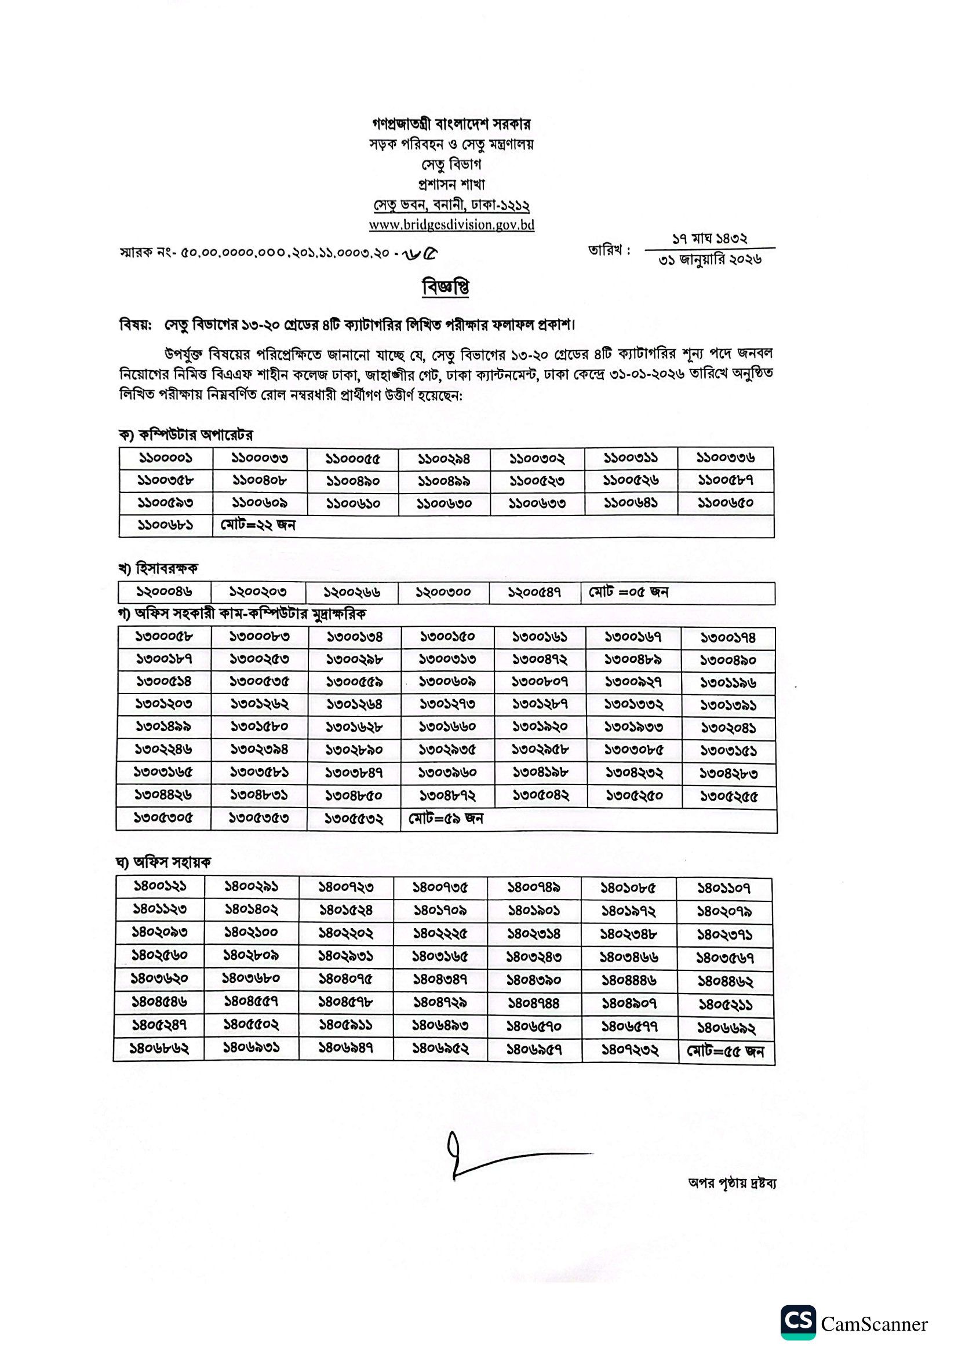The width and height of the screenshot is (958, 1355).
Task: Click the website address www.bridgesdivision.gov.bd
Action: tap(451, 225)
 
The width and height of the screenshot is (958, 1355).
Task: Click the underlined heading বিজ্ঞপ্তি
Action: tap(446, 287)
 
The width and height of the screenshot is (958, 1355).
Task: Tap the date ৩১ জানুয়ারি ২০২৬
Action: tap(710, 259)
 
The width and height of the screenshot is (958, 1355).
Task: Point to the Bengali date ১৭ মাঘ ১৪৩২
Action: tap(709, 239)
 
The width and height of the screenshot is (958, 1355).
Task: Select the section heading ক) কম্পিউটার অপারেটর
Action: tap(186, 435)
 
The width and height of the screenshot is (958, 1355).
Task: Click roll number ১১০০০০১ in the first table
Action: tap(166, 458)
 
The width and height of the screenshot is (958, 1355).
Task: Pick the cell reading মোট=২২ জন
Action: tap(258, 525)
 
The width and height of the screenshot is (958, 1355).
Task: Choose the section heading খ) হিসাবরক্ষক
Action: tap(158, 568)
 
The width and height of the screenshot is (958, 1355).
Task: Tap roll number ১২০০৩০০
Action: tap(443, 592)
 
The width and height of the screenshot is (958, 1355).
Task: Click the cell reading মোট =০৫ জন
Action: tap(629, 592)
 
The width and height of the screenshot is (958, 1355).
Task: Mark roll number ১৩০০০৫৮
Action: tap(164, 637)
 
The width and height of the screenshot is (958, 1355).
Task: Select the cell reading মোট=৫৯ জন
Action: tap(446, 819)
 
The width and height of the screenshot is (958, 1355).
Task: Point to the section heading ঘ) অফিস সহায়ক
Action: tap(163, 862)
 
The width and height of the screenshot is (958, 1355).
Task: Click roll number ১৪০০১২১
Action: tap(160, 886)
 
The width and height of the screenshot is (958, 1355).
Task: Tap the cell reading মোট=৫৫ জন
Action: tap(726, 1051)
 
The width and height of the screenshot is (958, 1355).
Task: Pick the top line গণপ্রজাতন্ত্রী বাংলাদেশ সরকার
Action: tap(451, 124)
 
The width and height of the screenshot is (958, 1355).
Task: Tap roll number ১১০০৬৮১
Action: tap(165, 525)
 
